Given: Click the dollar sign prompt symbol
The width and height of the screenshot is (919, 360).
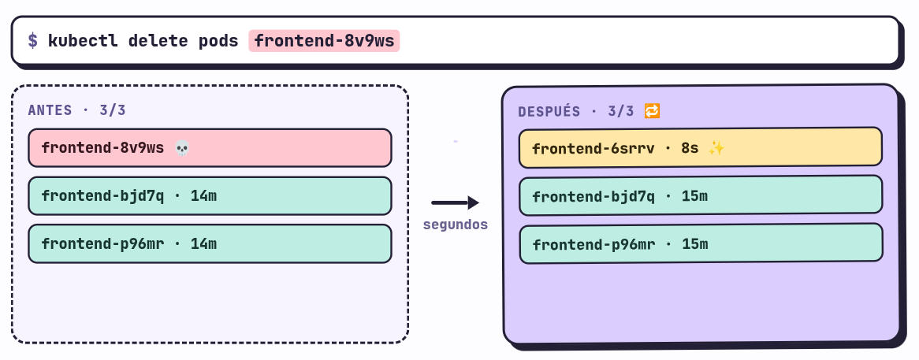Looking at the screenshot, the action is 33,41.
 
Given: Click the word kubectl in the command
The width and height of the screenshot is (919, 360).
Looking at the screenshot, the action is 83,41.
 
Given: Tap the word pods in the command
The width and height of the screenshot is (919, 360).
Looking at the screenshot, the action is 218,41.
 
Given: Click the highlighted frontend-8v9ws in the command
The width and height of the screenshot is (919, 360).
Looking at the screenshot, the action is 324,41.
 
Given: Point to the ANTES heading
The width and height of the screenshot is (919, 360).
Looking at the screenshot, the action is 50,110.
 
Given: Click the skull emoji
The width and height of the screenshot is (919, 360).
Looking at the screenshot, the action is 182,148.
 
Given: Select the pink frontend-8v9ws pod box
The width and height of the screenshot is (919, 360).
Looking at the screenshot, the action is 210,147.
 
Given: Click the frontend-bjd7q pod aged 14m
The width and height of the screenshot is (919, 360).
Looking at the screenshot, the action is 210,195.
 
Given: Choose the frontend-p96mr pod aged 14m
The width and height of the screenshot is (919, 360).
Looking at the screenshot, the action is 210,243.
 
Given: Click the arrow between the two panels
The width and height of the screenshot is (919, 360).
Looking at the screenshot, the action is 456,203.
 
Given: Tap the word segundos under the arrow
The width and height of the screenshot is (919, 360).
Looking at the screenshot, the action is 456,225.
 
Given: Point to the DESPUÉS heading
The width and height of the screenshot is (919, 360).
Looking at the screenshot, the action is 549,111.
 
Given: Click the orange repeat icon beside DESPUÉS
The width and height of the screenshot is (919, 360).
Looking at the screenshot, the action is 653,110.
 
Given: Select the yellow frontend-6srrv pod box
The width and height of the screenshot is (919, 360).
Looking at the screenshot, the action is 701,147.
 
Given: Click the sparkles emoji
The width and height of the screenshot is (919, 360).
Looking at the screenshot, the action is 716,148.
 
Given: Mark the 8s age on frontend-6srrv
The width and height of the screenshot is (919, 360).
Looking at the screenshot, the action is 690,148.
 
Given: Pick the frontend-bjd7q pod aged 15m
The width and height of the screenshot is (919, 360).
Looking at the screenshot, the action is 701,195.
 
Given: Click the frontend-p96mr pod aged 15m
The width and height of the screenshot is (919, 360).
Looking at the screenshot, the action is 701,243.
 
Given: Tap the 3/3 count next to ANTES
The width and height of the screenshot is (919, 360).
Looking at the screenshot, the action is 113,110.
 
